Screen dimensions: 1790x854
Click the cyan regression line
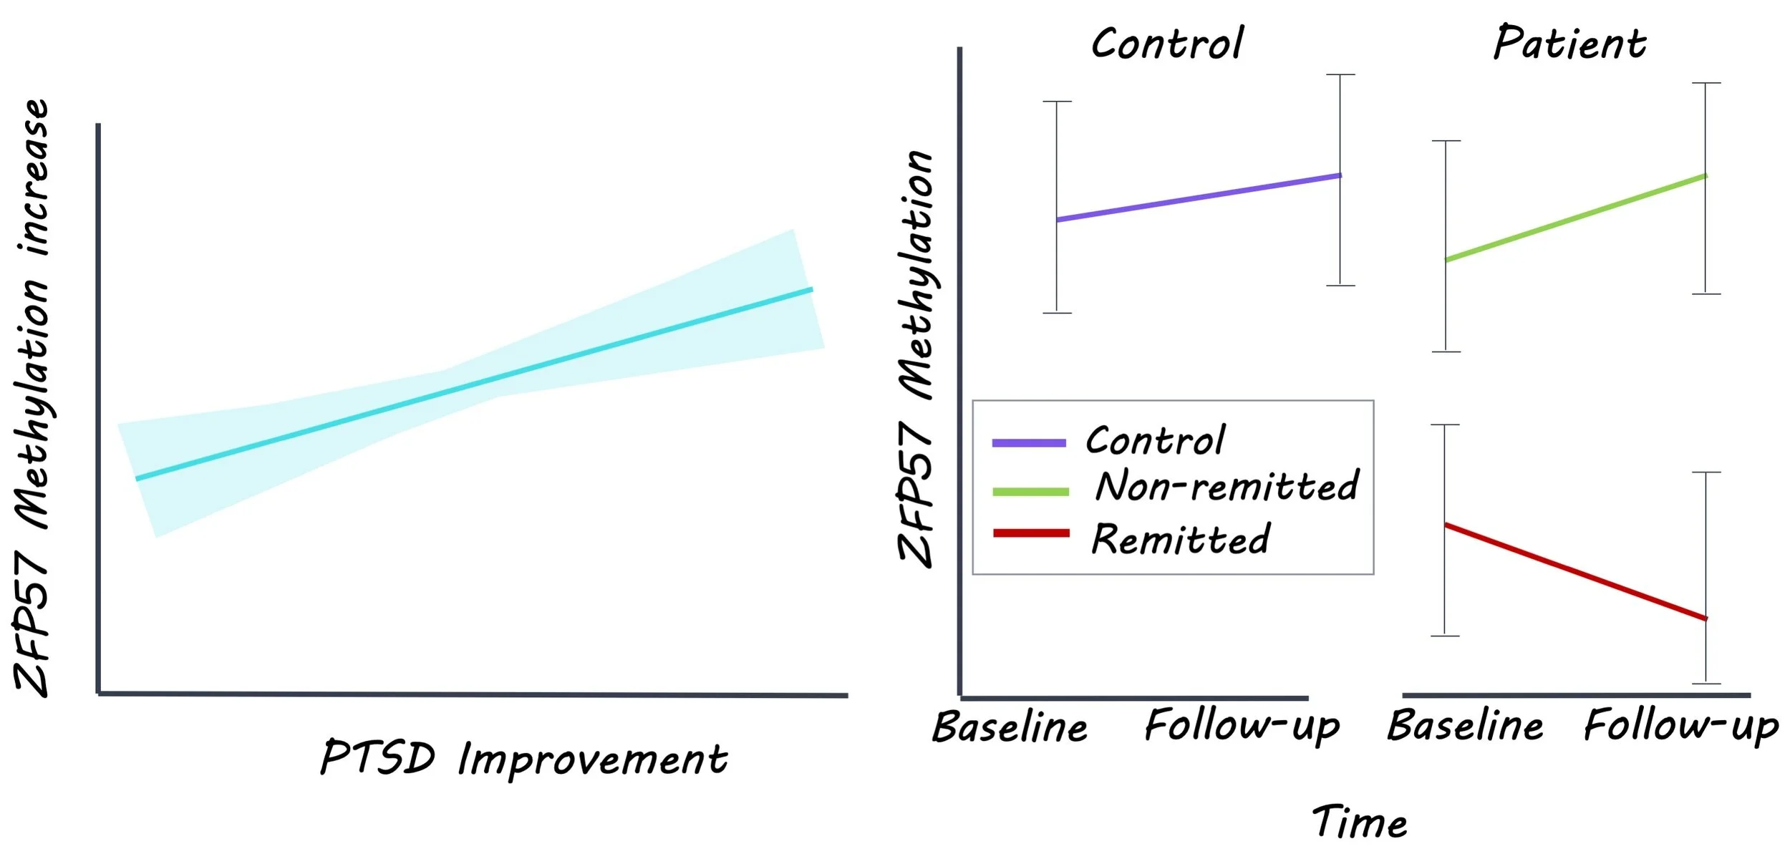474,384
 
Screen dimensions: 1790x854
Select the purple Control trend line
1199,197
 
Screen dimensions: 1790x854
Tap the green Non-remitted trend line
1576,218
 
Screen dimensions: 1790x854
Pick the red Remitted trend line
1575,571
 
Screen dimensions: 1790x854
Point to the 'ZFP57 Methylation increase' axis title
32,397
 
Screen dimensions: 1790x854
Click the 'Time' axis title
1360,822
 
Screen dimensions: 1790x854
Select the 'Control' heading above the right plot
1168,43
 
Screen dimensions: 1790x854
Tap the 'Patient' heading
1569,42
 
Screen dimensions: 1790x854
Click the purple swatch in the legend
1029,443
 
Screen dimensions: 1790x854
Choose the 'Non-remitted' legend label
1227,486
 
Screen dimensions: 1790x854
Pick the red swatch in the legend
1031,533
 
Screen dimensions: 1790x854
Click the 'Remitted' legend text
1180,539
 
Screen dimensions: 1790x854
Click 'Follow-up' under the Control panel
1242,727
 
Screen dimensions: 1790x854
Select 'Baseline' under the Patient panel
1466,726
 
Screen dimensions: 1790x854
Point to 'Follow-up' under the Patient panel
1681,727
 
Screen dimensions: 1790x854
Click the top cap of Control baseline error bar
1057,102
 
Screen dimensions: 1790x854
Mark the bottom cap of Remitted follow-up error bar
1706,684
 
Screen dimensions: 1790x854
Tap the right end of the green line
1707,175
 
